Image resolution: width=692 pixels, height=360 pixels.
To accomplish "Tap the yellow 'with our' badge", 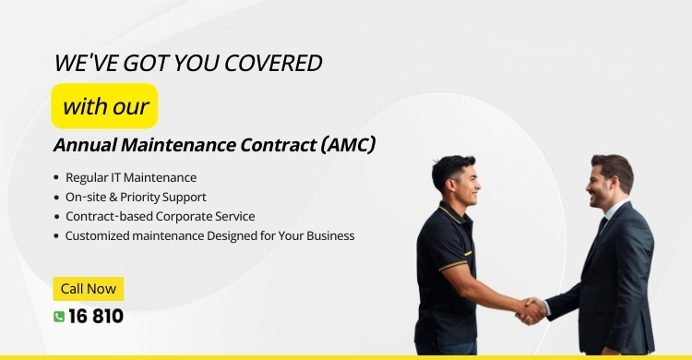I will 104,105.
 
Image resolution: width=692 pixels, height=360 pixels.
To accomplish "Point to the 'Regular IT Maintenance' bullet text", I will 131,177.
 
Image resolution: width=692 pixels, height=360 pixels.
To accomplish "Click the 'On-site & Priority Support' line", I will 136,197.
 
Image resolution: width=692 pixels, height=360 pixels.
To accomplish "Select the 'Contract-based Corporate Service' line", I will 160,216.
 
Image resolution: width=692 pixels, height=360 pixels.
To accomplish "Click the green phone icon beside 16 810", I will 59,317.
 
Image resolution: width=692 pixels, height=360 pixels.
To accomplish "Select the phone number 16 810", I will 96,317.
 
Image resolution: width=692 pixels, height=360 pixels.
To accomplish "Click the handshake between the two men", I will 531,309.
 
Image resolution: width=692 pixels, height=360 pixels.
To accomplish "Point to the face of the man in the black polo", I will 465,181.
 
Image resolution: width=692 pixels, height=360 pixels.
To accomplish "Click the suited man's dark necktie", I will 603,226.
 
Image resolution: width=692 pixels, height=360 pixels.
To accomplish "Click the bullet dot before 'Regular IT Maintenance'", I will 56,177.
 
